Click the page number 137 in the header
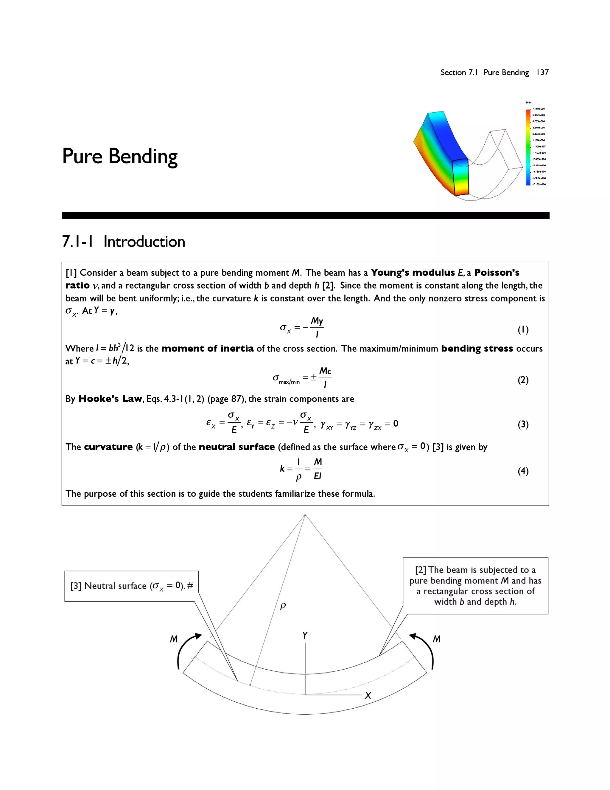click(x=542, y=72)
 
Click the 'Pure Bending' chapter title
click(x=120, y=156)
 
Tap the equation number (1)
click(x=523, y=329)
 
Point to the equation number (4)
click(x=523, y=471)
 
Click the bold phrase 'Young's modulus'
click(x=413, y=273)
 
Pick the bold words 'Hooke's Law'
click(x=110, y=399)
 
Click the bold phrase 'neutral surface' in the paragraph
click(x=237, y=447)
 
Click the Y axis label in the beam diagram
click(x=305, y=636)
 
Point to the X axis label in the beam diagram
click(x=368, y=695)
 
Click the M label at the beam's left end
click(x=174, y=639)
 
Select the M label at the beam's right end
click(x=437, y=639)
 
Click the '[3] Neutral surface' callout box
click(x=132, y=586)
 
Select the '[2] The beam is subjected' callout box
click(x=475, y=585)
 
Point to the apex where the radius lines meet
click(x=305, y=515)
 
